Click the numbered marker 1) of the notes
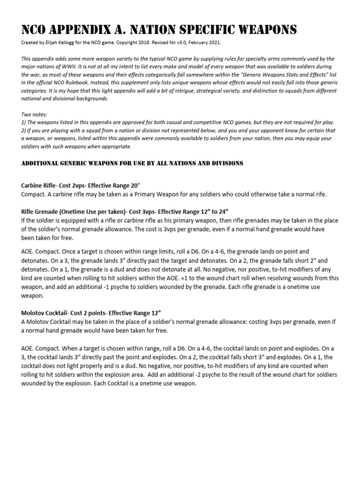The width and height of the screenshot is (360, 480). pos(24,122)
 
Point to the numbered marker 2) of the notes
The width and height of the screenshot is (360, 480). pos(24,130)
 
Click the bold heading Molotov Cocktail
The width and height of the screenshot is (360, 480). pos(48,313)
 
